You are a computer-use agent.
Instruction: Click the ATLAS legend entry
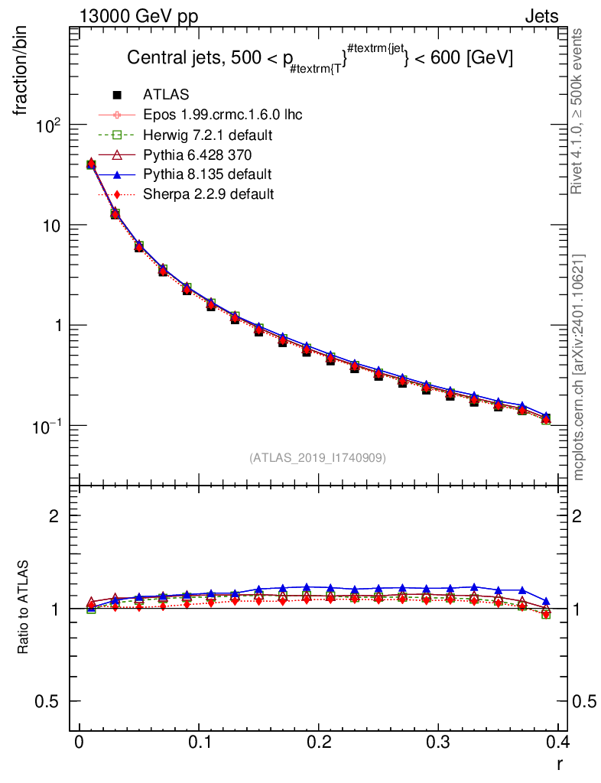coord(166,94)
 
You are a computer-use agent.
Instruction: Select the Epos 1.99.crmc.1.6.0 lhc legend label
coord(223,115)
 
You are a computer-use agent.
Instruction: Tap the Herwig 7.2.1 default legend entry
coord(208,135)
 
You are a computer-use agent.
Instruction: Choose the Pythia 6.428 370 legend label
coord(197,154)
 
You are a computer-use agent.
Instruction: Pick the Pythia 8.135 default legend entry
coord(207,174)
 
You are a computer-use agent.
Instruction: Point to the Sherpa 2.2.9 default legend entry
coord(208,193)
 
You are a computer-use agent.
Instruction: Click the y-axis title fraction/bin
coord(21,72)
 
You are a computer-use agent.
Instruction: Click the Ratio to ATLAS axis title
coord(23,606)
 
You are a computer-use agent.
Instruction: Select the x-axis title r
coord(560,764)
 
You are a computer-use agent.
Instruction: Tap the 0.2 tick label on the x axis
coord(319,742)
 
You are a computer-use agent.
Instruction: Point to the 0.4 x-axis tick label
coord(557,742)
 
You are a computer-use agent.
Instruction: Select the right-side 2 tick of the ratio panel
coord(577,515)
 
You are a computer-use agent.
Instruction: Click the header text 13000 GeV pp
coord(138,17)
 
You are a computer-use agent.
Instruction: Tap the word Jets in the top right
coord(541,17)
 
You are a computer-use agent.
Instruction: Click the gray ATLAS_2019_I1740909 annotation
coord(317,457)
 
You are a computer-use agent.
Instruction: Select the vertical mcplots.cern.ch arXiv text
coord(578,368)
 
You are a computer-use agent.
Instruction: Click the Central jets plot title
coord(320,58)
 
